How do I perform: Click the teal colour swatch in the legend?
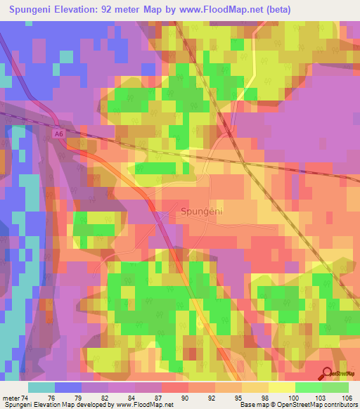[41, 387]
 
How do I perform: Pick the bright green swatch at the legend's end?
[335, 387]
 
